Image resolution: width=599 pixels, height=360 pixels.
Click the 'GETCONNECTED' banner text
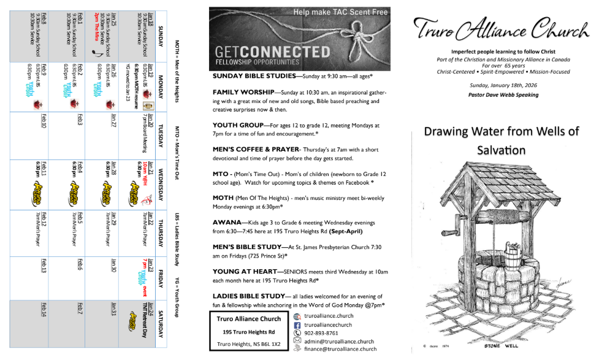(x=264, y=51)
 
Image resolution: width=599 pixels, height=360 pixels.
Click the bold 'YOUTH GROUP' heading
(x=236, y=125)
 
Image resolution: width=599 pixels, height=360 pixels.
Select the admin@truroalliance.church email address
(x=339, y=341)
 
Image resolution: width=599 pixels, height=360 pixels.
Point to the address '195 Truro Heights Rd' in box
(x=248, y=332)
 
